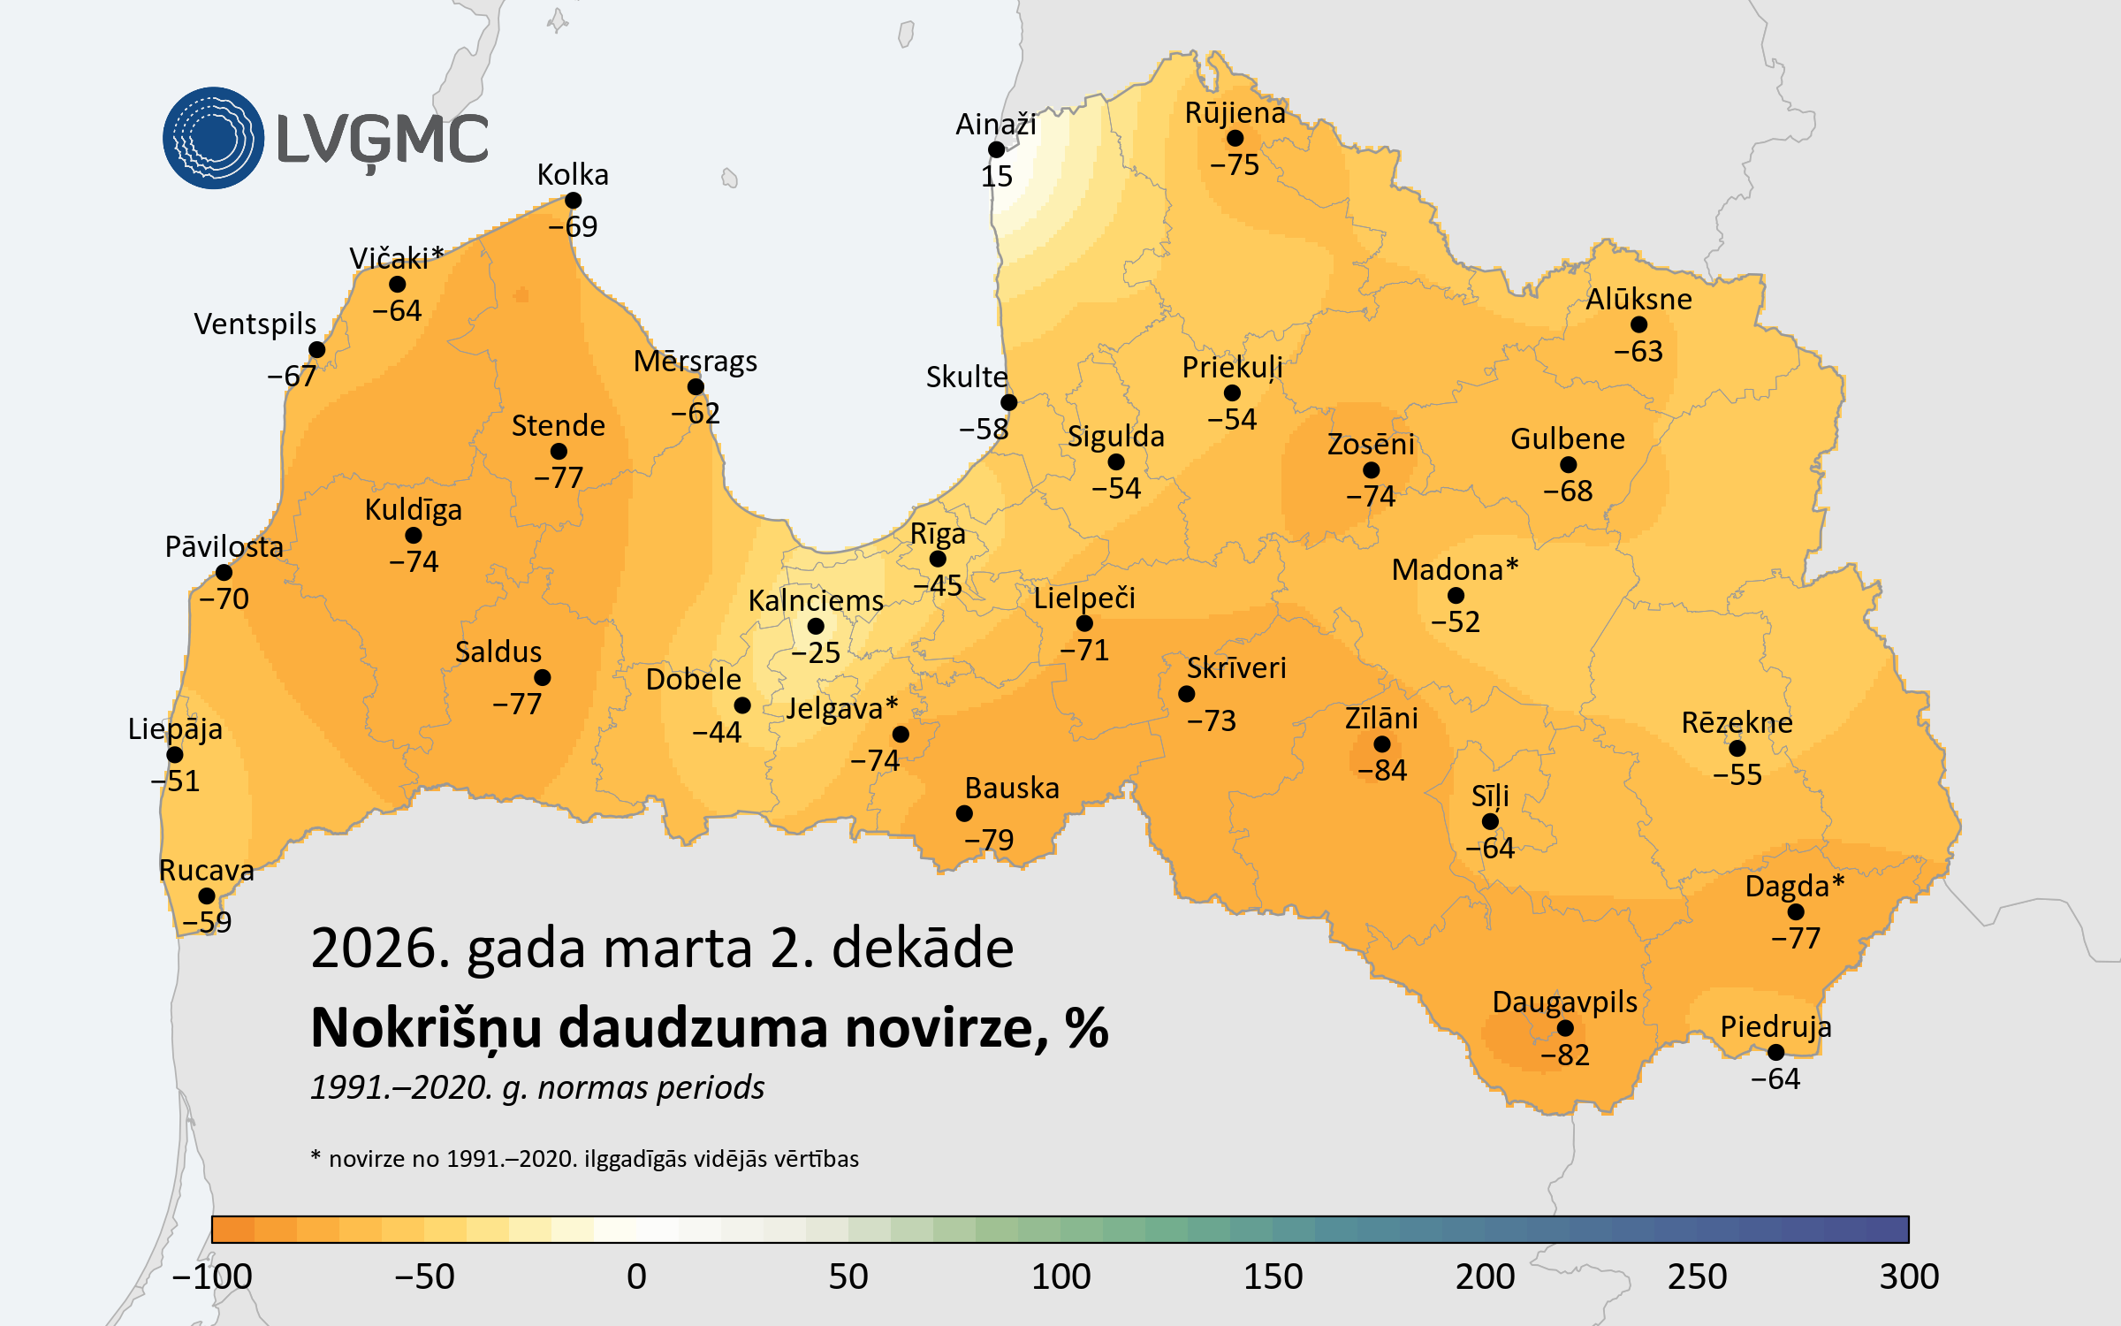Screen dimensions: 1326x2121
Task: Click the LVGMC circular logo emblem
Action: [213, 138]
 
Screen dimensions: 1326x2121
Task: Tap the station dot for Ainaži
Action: [997, 149]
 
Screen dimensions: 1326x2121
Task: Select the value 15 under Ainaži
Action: [997, 177]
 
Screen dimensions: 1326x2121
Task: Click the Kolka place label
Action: [573, 175]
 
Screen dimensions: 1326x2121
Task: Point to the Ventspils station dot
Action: [317, 350]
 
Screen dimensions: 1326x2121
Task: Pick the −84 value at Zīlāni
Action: [1382, 771]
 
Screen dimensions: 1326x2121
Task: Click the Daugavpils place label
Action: [1564, 1002]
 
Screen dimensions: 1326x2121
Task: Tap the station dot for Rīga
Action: [938, 559]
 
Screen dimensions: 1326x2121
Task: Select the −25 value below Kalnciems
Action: [816, 653]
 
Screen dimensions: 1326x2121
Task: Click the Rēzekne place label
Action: [1737, 723]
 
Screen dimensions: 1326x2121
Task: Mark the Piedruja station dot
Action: [1775, 1052]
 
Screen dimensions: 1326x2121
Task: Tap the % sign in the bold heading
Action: [1086, 1028]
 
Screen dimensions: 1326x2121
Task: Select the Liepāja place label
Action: [175, 729]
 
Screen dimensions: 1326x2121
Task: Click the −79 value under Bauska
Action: [989, 840]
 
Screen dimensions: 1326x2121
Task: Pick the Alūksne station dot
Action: [1638, 325]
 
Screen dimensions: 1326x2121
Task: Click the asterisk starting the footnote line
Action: [315, 1155]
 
